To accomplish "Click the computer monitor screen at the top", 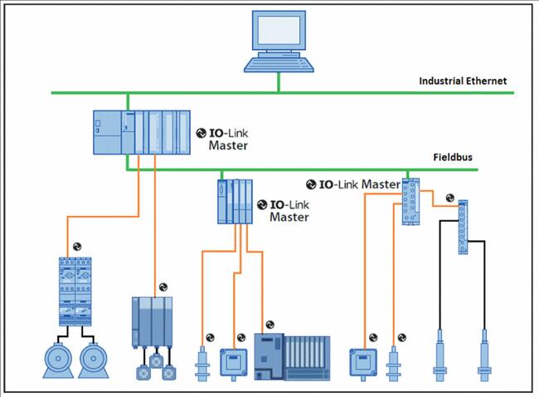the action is click(279, 30).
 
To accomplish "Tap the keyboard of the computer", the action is click(279, 65).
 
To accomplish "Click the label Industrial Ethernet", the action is click(463, 81).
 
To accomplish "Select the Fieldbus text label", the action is click(453, 157).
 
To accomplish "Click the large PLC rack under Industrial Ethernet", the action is click(142, 132).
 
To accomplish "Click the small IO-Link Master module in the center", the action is click(236, 202).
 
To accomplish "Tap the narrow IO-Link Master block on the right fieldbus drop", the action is click(410, 202).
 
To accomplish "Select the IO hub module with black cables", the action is click(463, 227).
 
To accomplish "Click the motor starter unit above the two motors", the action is click(75, 292).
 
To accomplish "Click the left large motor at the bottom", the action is click(58, 360).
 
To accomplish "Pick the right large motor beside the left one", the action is click(94, 360).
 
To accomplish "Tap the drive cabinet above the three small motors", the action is click(153, 322).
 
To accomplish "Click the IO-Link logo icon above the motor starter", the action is click(77, 247).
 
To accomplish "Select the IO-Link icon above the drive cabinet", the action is click(163, 287).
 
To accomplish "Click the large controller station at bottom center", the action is click(292, 356).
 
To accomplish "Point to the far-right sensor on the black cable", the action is click(484, 355).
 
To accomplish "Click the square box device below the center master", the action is click(233, 363).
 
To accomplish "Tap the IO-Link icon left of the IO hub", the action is click(450, 198).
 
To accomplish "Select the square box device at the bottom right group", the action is click(363, 363).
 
